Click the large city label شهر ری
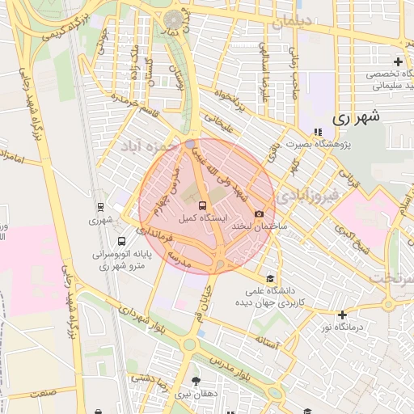point(355,116)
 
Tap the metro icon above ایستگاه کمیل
point(202,205)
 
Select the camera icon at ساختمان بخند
point(259,213)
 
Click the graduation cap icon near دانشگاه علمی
point(270,277)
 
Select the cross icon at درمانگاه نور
point(343,314)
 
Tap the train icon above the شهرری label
point(100,205)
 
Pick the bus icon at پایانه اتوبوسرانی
point(121,240)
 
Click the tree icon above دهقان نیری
point(195,380)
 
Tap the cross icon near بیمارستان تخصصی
point(398,61)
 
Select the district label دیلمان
point(290,23)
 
